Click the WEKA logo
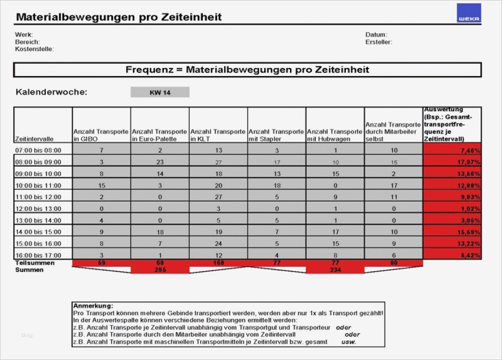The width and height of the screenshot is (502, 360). click(469, 13)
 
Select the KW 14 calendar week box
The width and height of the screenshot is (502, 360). click(160, 93)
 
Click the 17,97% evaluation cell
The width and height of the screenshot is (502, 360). click(452, 162)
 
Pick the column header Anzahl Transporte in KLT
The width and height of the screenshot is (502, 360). click(218, 135)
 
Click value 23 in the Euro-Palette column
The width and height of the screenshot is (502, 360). click(160, 162)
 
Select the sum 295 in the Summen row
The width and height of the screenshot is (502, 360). click(160, 270)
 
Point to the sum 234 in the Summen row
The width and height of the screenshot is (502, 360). click(335, 270)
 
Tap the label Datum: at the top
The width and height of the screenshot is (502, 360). click(376, 35)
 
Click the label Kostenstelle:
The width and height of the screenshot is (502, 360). click(35, 49)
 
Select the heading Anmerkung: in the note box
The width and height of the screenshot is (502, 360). click(93, 306)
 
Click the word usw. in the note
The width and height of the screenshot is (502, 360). click(349, 341)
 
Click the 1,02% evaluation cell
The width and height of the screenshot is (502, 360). click(452, 208)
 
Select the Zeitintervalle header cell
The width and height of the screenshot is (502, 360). click(43, 139)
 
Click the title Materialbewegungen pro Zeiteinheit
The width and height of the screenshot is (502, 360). click(119, 17)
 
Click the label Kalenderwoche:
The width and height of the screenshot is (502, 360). click(52, 92)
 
